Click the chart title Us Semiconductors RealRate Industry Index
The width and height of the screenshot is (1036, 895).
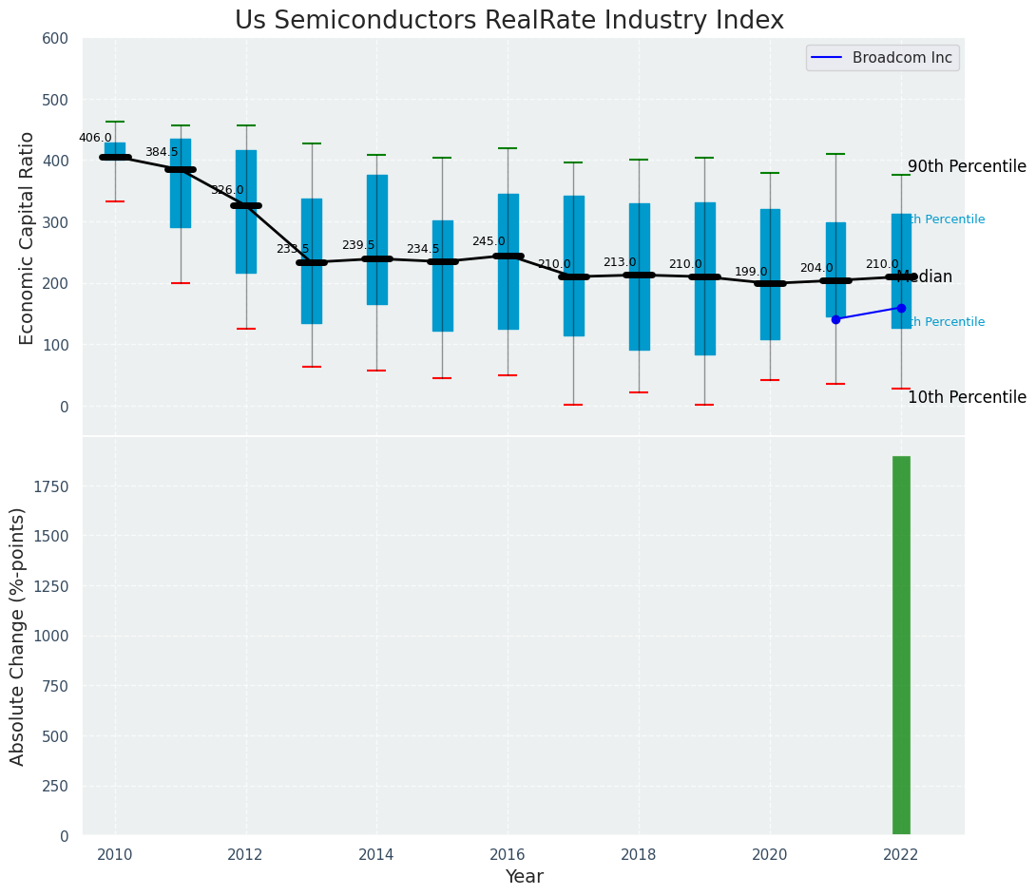pyautogui.click(x=508, y=21)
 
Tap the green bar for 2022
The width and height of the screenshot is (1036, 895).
pyautogui.click(x=901, y=646)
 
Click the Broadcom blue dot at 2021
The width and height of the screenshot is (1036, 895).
pyautogui.click(x=835, y=319)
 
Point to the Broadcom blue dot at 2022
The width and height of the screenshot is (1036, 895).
pyautogui.click(x=901, y=308)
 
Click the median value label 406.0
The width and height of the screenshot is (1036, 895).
pyautogui.click(x=95, y=138)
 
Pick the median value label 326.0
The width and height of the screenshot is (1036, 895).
pyautogui.click(x=227, y=190)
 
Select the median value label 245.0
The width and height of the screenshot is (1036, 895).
pyautogui.click(x=489, y=241)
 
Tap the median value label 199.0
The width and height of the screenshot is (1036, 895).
pyautogui.click(x=751, y=272)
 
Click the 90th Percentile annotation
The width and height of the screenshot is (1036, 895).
pyautogui.click(x=967, y=167)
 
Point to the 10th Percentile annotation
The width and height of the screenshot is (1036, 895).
pyautogui.click(x=967, y=398)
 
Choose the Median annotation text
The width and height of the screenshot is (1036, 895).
pyautogui.click(x=924, y=277)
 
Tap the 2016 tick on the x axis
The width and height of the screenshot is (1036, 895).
pyautogui.click(x=508, y=854)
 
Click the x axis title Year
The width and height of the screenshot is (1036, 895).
pyautogui.click(x=524, y=877)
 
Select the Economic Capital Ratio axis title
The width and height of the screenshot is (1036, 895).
pyautogui.click(x=27, y=238)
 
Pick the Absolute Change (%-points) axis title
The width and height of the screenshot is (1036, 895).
pyautogui.click(x=18, y=636)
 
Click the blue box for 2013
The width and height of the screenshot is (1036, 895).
pyautogui.click(x=311, y=260)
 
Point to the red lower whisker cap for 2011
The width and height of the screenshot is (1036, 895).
pyautogui.click(x=181, y=283)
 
